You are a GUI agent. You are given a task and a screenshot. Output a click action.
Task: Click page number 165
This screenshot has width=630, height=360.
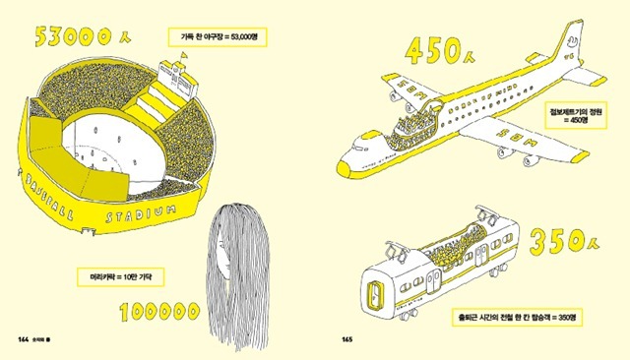pyautogui.click(x=346, y=339)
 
